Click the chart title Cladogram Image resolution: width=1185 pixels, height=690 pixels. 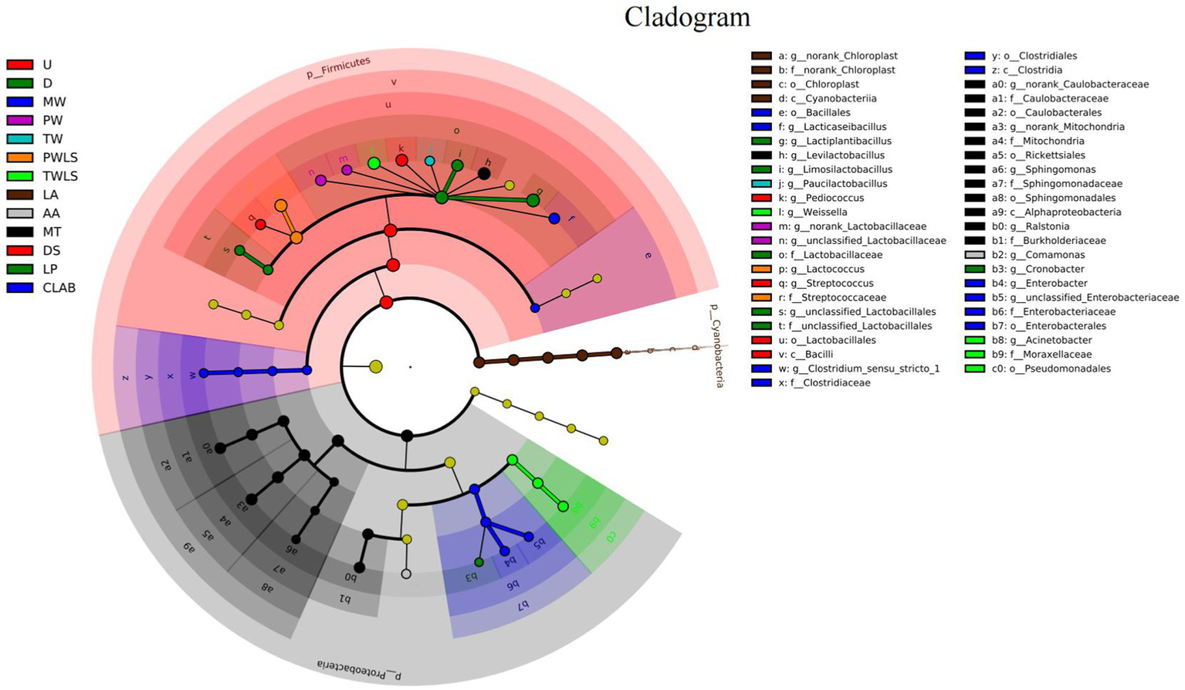[x=687, y=17]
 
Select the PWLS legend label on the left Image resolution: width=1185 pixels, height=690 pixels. [x=60, y=158]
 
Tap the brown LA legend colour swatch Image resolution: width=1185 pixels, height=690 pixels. [x=19, y=195]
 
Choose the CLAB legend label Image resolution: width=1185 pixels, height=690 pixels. [x=59, y=287]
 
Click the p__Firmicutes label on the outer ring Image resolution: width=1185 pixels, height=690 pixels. [x=338, y=67]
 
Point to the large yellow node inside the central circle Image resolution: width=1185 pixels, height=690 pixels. [x=376, y=366]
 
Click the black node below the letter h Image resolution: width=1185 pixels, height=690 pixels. [x=484, y=174]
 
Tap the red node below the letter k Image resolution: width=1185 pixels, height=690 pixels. [x=401, y=160]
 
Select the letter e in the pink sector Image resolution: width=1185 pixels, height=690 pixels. [x=647, y=255]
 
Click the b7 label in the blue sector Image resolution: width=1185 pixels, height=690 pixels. [x=522, y=604]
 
